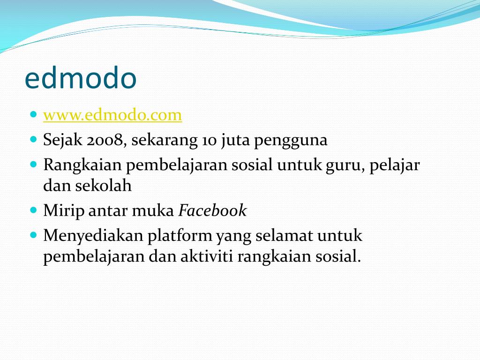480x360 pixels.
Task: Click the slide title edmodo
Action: tap(80, 79)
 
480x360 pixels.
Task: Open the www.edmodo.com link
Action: tap(112, 115)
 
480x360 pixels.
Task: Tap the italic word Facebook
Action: tap(212, 211)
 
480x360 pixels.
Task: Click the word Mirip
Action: tap(64, 211)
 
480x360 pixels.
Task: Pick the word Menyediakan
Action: tap(93, 236)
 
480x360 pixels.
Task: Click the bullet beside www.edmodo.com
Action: tap(33, 114)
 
